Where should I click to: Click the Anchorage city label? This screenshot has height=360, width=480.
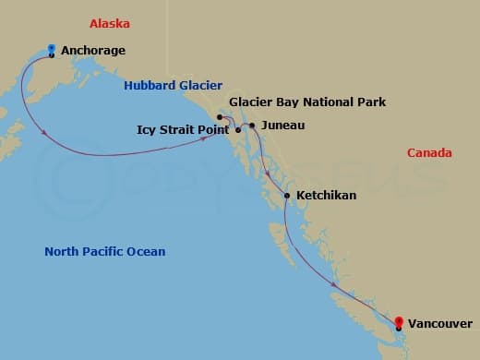point(93,51)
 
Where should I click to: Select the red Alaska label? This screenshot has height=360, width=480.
point(110,23)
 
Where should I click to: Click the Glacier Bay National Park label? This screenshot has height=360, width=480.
point(307,102)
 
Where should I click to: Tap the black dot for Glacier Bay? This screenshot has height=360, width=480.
point(219,117)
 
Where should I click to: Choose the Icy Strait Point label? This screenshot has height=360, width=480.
point(184,130)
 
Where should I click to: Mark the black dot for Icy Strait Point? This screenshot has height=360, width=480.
point(238,130)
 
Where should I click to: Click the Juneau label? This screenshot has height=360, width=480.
point(282,125)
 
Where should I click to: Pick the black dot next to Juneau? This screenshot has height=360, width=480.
point(252,125)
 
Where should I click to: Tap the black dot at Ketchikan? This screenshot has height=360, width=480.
point(287,196)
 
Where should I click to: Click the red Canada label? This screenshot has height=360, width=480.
point(429,152)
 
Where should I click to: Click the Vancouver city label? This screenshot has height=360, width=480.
point(442,323)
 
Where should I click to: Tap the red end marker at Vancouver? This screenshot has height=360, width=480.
point(398,322)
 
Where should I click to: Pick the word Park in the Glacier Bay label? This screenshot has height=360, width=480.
point(372,102)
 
